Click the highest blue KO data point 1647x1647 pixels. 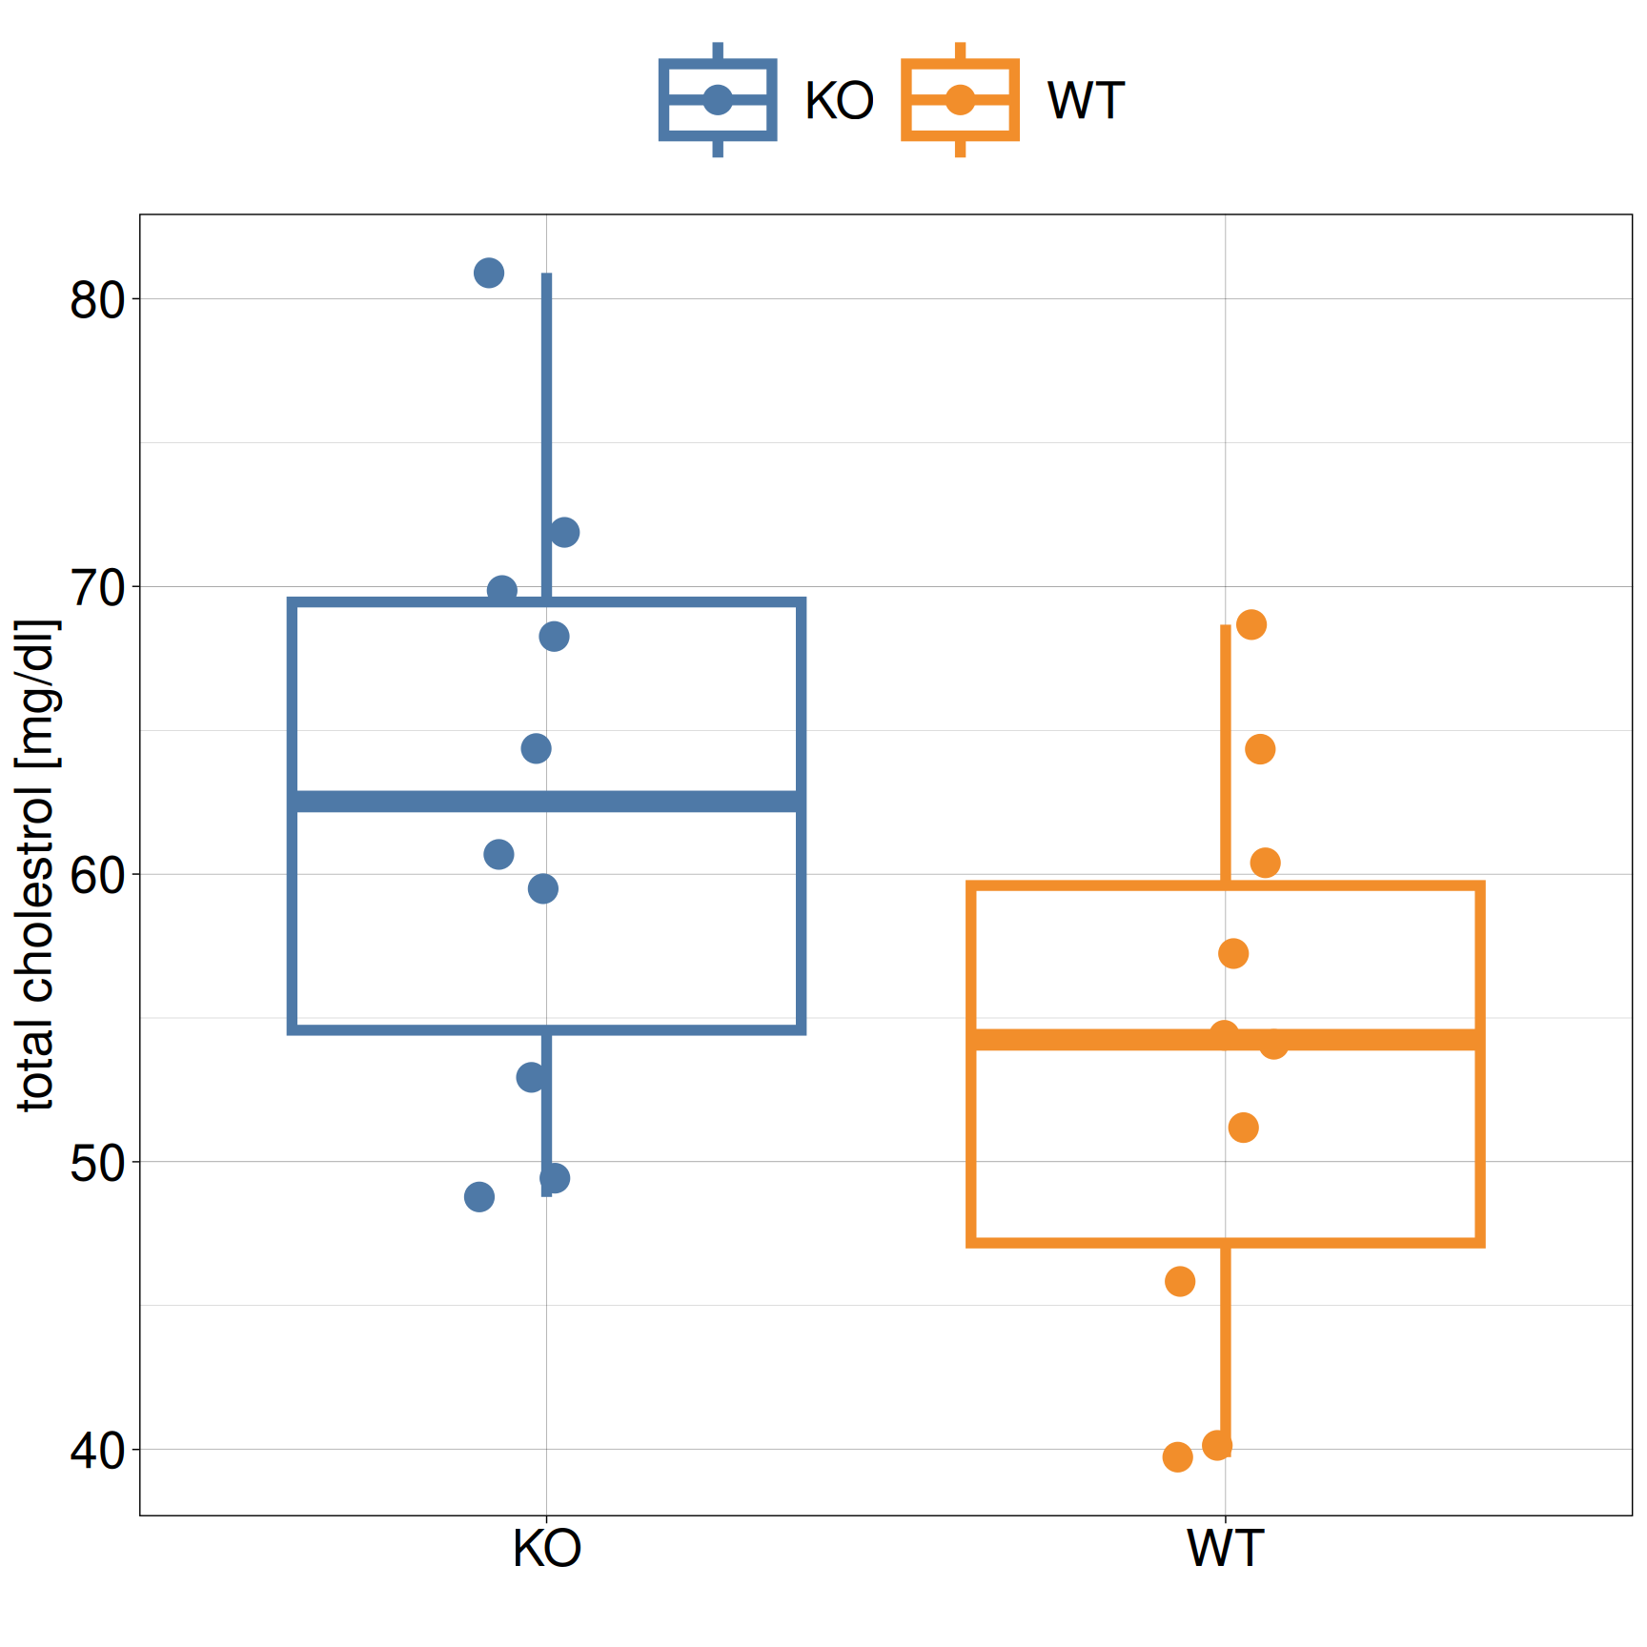(489, 274)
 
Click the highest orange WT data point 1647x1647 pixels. (1250, 625)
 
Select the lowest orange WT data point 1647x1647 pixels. (1177, 1456)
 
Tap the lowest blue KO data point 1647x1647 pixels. (479, 1197)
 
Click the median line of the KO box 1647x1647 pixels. (546, 802)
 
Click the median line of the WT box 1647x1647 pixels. (1226, 1040)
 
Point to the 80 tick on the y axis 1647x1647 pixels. (98, 300)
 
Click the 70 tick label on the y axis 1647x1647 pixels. (98, 588)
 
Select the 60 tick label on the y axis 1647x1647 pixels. (98, 876)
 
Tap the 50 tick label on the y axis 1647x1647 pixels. (98, 1163)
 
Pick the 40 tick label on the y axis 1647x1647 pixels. (98, 1451)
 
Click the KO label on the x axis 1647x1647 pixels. (546, 1549)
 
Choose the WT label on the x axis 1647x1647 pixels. (1225, 1549)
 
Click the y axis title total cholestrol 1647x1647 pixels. (38, 865)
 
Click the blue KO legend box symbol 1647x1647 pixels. (718, 100)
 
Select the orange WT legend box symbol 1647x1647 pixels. (960, 100)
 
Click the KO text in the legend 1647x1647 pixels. (839, 101)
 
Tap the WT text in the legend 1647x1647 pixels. (1086, 101)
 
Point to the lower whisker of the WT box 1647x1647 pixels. (1226, 1344)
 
